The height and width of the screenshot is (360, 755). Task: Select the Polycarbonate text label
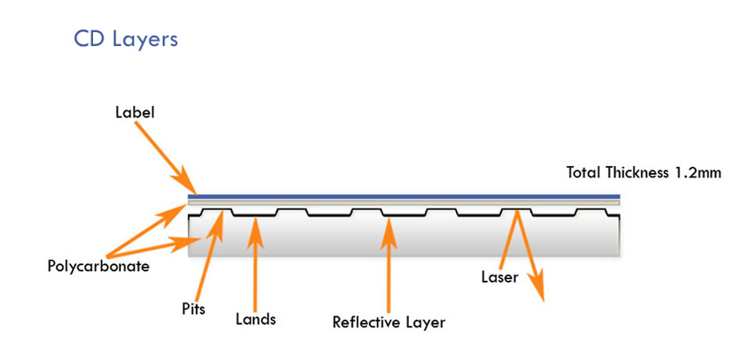97,266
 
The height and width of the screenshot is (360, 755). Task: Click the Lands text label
255,319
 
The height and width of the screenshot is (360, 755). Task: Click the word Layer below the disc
424,323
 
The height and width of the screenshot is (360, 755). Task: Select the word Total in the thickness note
585,173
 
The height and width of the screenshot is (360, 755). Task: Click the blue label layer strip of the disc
409,197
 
